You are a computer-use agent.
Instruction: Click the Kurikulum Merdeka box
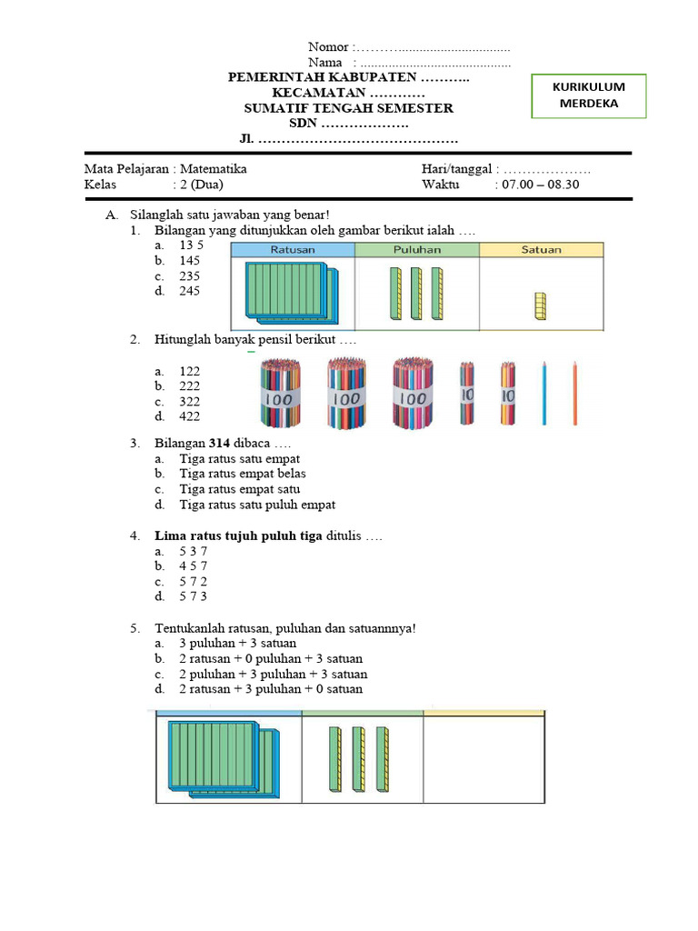[x=589, y=95]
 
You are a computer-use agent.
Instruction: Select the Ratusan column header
[x=293, y=249]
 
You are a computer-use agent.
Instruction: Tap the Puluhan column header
[x=417, y=249]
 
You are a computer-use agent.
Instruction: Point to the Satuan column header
[x=542, y=249]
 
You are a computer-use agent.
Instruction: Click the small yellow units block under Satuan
[x=540, y=306]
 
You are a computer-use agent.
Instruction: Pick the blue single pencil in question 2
[x=543, y=393]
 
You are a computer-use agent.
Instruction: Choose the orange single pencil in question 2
[x=574, y=393]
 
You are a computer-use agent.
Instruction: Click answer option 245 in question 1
[x=189, y=291]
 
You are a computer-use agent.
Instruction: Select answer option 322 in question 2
[x=189, y=401]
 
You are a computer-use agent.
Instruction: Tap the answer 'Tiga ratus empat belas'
[x=242, y=474]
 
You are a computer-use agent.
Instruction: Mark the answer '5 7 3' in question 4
[x=193, y=596]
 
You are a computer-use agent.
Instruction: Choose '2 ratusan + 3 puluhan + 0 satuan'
[x=270, y=689]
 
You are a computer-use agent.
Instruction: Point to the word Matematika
[x=213, y=169]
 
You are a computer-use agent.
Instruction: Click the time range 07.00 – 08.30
[x=537, y=185]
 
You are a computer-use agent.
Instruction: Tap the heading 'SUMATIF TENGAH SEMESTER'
[x=349, y=108]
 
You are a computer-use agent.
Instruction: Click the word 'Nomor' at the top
[x=328, y=47]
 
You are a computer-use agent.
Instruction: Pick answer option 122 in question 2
[x=189, y=371]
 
